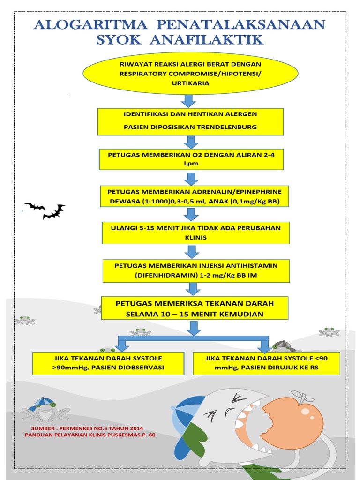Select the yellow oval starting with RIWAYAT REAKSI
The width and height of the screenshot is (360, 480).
[x=190, y=73]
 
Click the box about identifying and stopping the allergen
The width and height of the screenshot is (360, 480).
[x=190, y=121]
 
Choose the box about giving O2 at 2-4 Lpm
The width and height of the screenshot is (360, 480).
[x=191, y=159]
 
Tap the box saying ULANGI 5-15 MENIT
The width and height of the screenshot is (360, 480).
[x=196, y=233]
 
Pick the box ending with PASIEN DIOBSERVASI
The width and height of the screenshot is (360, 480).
[x=108, y=363]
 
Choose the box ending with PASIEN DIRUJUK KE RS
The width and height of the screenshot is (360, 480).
[x=266, y=363]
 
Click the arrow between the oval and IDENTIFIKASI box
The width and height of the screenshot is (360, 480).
[x=189, y=100]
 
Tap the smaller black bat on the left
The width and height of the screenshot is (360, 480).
[x=35, y=206]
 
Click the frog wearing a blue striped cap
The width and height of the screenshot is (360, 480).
[x=45, y=408]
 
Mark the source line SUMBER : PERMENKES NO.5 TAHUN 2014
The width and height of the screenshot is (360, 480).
[x=87, y=428]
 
